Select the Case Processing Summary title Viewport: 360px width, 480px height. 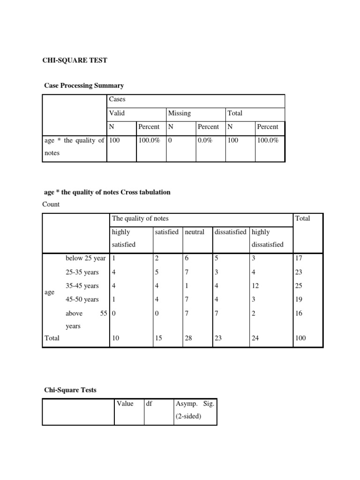click(84, 85)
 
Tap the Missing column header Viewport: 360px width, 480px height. click(180, 113)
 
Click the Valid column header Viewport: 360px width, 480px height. click(117, 113)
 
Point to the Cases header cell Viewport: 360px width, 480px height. click(117, 99)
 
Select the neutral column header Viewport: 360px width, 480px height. click(195, 232)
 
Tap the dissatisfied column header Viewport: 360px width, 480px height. click(231, 232)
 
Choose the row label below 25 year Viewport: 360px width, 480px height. click(86, 258)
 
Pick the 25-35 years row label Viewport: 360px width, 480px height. click(82, 272)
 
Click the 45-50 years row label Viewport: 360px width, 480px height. click(82, 299)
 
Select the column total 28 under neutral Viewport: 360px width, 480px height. click(189, 337)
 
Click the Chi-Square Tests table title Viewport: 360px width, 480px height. click(70, 390)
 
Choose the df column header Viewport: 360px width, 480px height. click(149, 404)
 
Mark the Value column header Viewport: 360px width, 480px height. click(125, 404)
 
